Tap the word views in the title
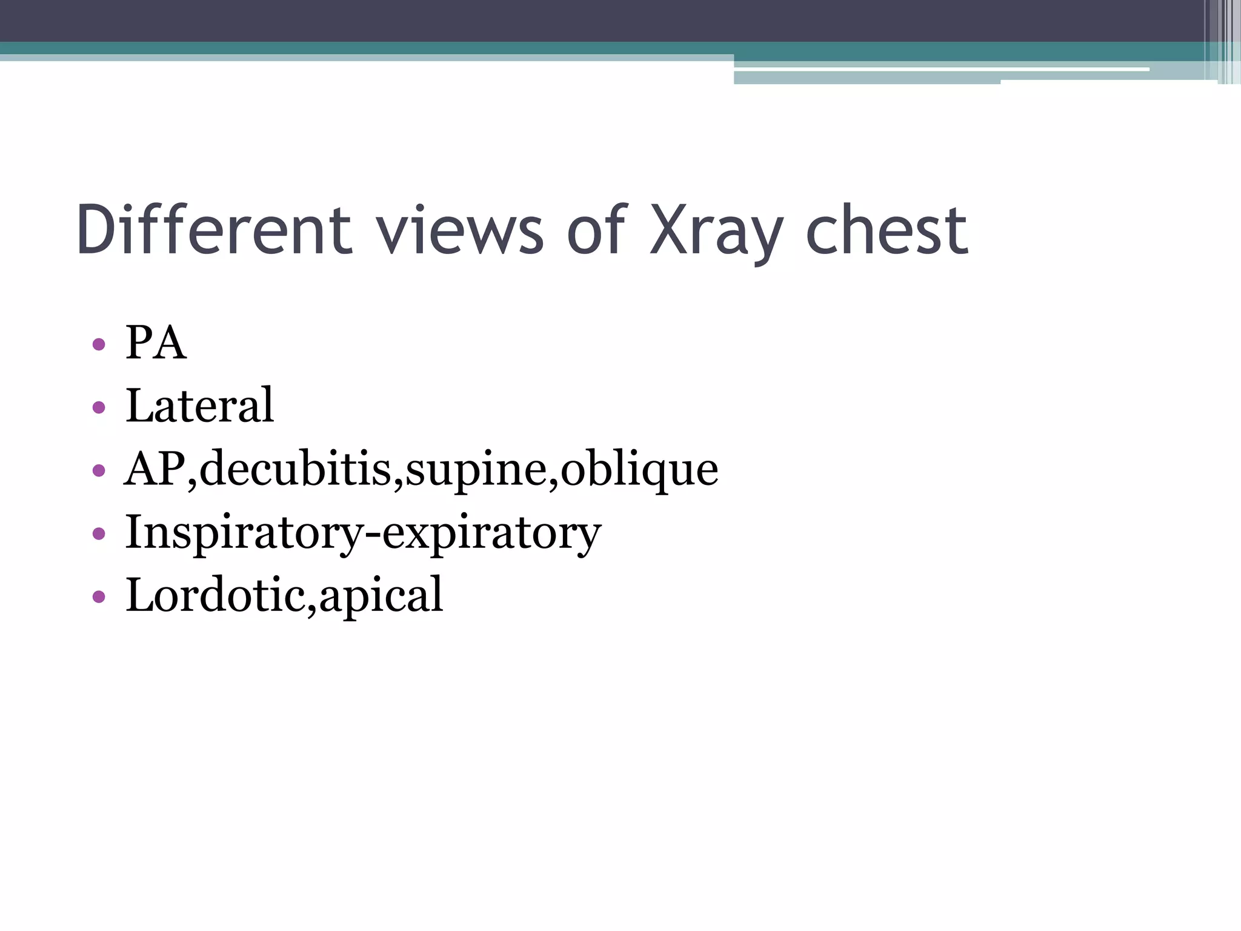click(460, 230)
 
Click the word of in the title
click(596, 230)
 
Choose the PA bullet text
click(156, 343)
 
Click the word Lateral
click(199, 405)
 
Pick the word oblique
click(639, 470)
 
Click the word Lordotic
click(215, 595)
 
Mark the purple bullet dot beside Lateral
click(99, 408)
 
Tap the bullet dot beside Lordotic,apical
click(99, 597)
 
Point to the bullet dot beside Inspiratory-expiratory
click(99, 534)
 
